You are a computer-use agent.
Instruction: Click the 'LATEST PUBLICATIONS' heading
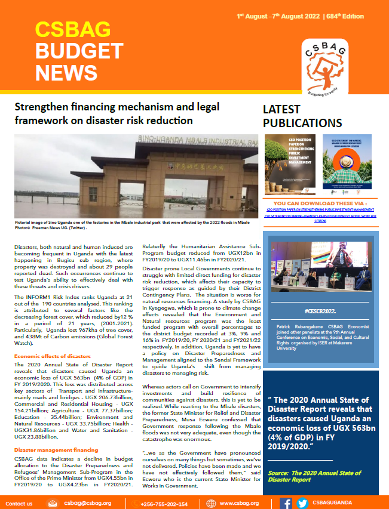click(302, 116)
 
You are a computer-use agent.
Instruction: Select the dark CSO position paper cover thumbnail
click(289, 166)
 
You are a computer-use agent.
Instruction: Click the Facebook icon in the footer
click(286, 503)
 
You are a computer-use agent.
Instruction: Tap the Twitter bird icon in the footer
click(302, 503)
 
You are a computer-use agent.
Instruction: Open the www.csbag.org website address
click(239, 503)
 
